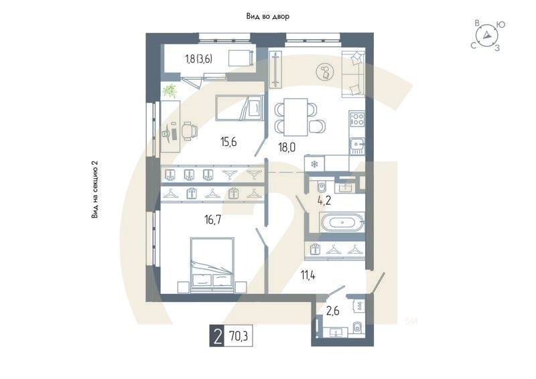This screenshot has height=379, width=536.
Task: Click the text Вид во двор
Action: [x=267, y=17]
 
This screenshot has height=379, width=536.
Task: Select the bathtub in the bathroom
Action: [x=342, y=222]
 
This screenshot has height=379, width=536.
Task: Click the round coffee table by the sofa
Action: [x=326, y=71]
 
